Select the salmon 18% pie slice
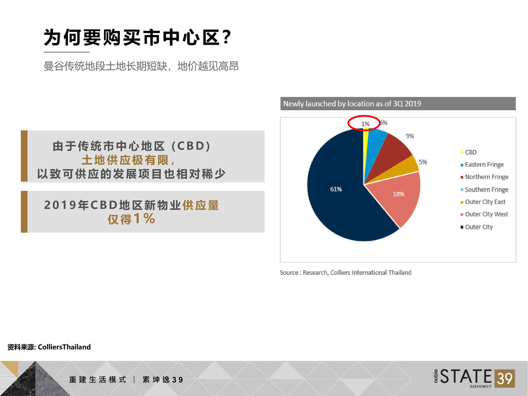(x=399, y=197)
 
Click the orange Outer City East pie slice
(x=404, y=169)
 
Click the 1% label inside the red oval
(x=365, y=124)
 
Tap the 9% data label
(x=410, y=136)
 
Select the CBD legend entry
(x=469, y=152)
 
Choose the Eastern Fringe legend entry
(x=482, y=164)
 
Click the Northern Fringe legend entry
(x=484, y=177)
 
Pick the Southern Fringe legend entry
(x=484, y=189)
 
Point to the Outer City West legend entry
(x=484, y=214)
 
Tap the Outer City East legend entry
(x=483, y=202)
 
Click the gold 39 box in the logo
(x=505, y=379)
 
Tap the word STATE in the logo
(x=466, y=376)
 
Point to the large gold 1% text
(x=144, y=219)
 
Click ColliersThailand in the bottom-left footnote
(x=64, y=347)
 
